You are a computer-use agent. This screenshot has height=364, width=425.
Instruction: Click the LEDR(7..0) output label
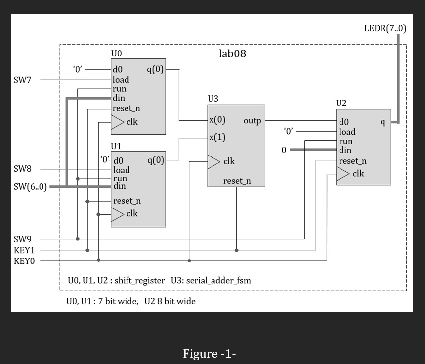[384, 28]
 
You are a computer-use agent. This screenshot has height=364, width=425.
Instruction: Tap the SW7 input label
[23, 80]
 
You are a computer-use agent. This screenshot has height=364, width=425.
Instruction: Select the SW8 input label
[23, 169]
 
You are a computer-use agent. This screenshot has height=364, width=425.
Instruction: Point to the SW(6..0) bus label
[30, 187]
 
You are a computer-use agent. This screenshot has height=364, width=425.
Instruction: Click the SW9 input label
[23, 239]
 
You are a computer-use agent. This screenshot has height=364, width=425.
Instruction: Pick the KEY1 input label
[24, 250]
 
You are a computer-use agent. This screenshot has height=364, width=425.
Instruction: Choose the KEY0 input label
[24, 260]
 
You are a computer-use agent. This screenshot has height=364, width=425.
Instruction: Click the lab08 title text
[232, 53]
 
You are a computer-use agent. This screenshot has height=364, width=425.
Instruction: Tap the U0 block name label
[117, 53]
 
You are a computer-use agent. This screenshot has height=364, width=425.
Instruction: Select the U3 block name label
[213, 98]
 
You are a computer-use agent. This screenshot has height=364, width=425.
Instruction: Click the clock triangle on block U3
[213, 161]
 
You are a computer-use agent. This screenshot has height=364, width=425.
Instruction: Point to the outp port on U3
[252, 121]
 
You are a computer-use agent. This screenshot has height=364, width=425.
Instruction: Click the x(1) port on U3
[217, 137]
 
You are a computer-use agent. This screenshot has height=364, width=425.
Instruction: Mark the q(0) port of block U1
[155, 160]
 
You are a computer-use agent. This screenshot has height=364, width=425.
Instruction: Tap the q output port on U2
[382, 122]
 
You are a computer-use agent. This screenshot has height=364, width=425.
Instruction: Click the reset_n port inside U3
[237, 181]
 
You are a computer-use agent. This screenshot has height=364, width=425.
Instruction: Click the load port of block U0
[121, 80]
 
